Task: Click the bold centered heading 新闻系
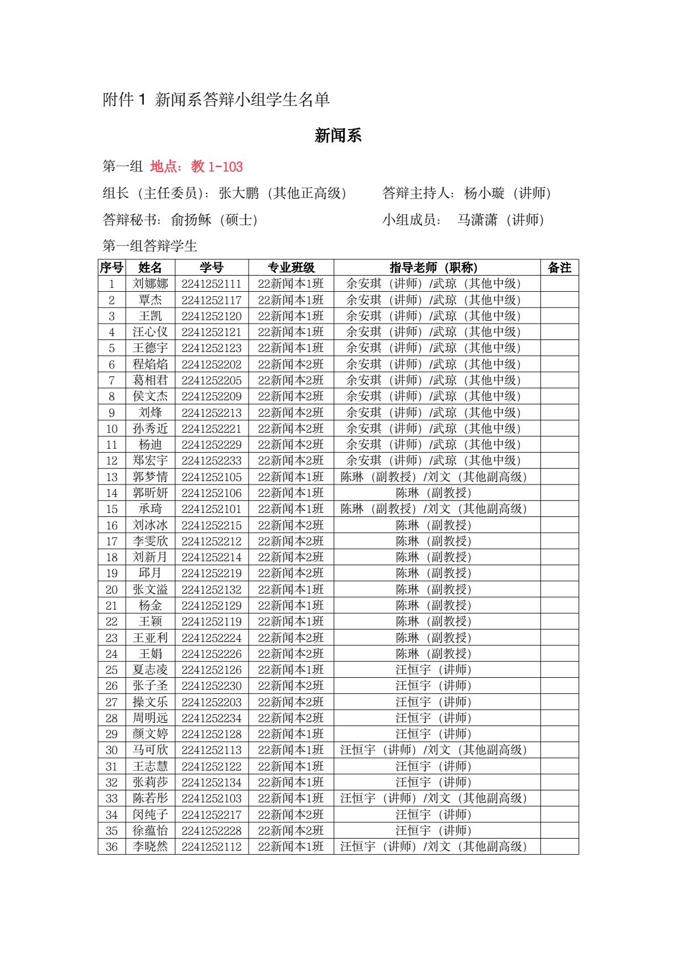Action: click(338, 136)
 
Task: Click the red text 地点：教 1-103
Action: click(196, 167)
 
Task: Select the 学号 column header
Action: click(212, 268)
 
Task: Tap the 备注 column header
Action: click(559, 268)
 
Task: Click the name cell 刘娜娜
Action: click(150, 284)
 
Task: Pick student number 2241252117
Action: click(212, 300)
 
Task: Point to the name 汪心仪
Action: click(150, 332)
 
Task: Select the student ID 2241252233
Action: click(212, 461)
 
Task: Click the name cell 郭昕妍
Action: click(150, 493)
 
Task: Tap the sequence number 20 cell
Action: click(112, 590)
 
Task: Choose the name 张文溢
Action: click(150, 590)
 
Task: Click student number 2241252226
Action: click(212, 654)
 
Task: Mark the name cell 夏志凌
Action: click(150, 670)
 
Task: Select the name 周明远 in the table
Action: click(150, 718)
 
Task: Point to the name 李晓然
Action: click(150, 847)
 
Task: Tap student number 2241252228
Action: click(212, 831)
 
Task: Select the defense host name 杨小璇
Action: click(484, 193)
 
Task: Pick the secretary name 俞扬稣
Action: click(191, 219)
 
